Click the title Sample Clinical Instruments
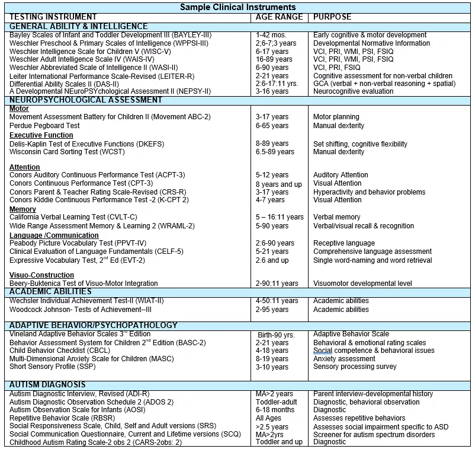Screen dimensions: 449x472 (237, 7)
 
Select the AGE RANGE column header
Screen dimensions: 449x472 (279, 17)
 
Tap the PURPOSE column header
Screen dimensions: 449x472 (332, 17)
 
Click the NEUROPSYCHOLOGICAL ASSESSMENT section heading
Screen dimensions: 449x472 (86, 100)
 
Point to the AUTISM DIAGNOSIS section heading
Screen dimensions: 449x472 (47, 385)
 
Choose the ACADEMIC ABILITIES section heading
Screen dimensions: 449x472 (51, 291)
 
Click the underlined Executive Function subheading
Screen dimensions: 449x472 (41, 135)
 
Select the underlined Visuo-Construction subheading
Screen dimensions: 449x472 (42, 275)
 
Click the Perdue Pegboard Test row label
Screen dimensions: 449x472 (44, 126)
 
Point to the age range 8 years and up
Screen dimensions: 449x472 (279, 184)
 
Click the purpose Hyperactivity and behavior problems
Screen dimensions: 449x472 (369, 192)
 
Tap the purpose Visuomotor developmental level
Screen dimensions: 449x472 (362, 284)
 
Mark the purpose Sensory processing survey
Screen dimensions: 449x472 (355, 367)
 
